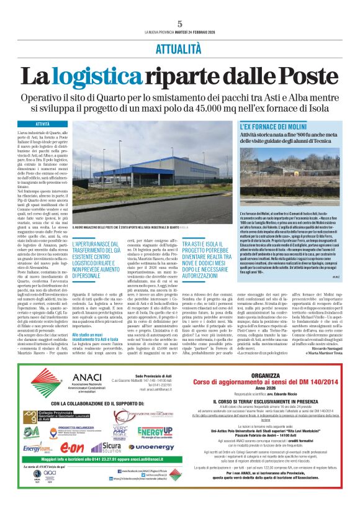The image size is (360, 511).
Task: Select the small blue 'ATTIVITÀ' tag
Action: click(43, 124)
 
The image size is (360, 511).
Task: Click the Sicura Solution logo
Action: click(106, 447)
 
